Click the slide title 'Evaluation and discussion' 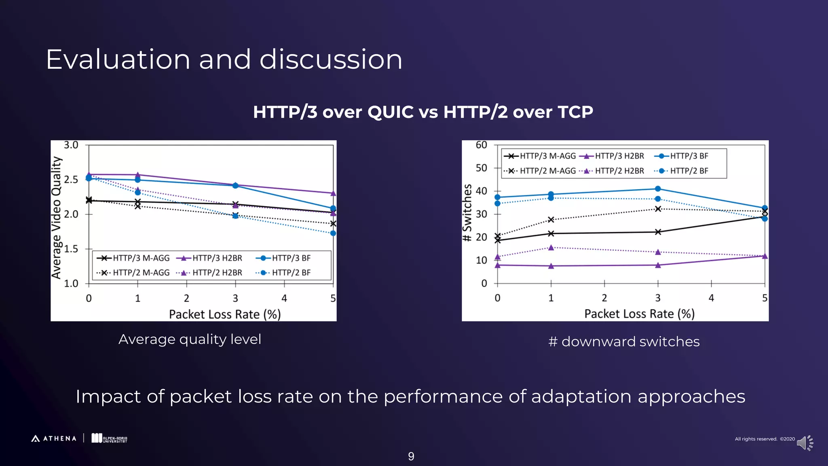click(x=224, y=59)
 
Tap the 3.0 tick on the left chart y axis click(x=71, y=145)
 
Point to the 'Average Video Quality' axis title click(x=57, y=218)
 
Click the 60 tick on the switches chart click(x=481, y=145)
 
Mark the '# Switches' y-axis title click(x=467, y=213)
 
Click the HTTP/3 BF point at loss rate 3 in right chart click(x=658, y=189)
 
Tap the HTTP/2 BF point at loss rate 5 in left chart click(x=333, y=233)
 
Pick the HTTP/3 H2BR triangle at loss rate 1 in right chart click(x=551, y=266)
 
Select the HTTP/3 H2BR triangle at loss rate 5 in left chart click(x=333, y=193)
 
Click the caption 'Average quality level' click(x=190, y=339)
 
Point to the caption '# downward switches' click(x=624, y=342)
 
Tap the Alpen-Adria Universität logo click(x=109, y=438)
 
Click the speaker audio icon click(x=804, y=443)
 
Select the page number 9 click(x=411, y=457)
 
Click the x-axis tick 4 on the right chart click(x=711, y=298)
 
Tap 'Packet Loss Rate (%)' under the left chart click(x=225, y=314)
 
